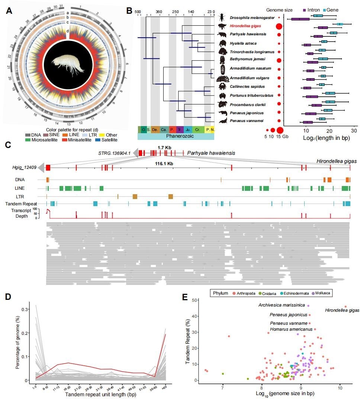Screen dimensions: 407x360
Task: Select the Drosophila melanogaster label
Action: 251,18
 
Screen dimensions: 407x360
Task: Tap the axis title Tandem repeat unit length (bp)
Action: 98,403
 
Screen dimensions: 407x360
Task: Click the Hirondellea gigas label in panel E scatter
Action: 342,310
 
